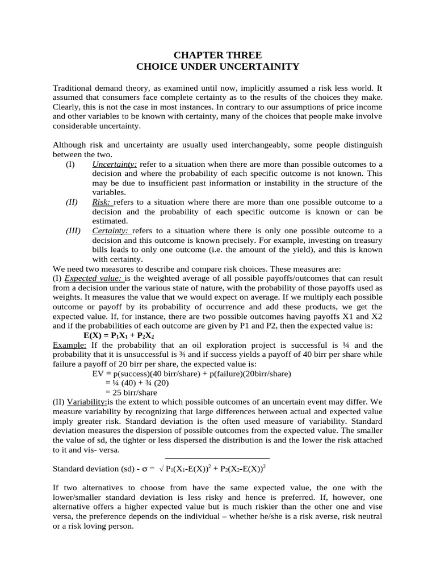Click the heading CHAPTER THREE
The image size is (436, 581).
(217, 55)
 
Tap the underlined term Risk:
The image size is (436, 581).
(102, 203)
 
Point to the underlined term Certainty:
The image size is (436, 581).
(111, 231)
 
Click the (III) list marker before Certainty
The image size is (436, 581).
(73, 231)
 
